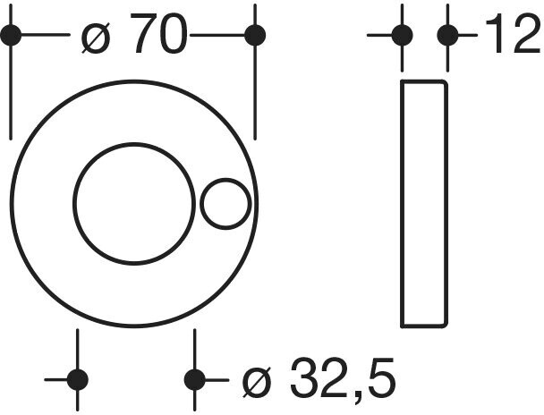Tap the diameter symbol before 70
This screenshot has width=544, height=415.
click(x=98, y=38)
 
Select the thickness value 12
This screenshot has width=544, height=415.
click(x=511, y=36)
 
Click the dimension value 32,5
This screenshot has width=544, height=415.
click(x=344, y=380)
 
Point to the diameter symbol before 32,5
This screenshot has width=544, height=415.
click(x=258, y=382)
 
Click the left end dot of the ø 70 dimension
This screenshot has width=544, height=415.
click(x=11, y=36)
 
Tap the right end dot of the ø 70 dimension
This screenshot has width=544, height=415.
click(x=255, y=36)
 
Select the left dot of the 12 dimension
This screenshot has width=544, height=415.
click(x=402, y=36)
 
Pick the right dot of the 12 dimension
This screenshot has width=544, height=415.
click(x=446, y=36)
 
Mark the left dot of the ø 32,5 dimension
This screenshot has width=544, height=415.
click(x=78, y=379)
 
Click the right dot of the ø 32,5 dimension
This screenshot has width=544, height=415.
click(x=195, y=379)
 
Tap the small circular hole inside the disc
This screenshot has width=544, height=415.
click(x=225, y=204)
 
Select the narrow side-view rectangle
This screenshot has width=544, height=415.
click(x=424, y=204)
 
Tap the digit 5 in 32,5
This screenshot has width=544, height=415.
click(x=380, y=380)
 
